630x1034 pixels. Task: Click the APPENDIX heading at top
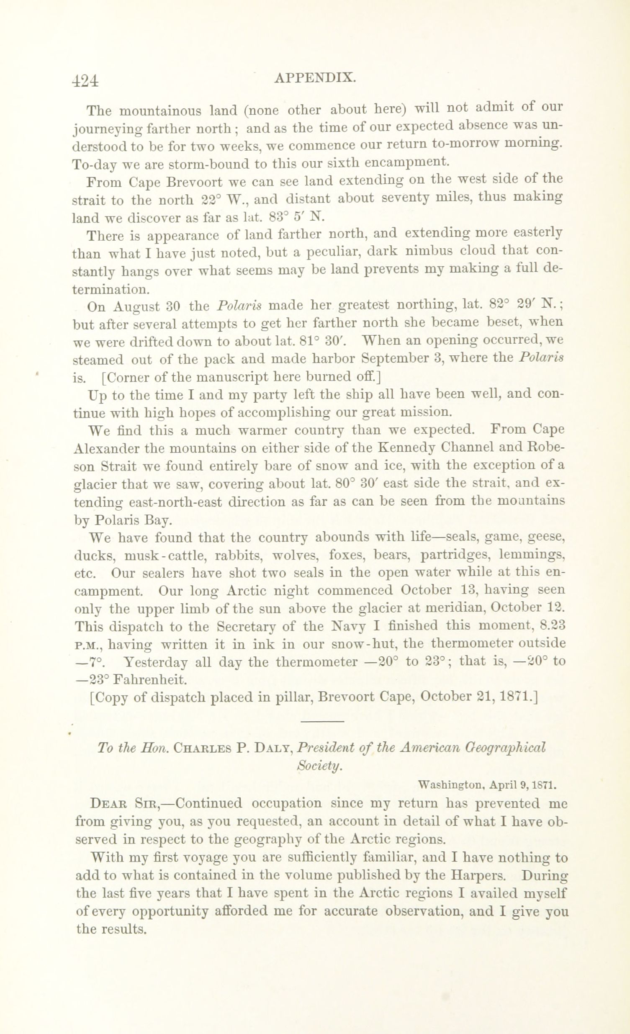point(315,78)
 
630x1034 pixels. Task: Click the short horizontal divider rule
point(322,721)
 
